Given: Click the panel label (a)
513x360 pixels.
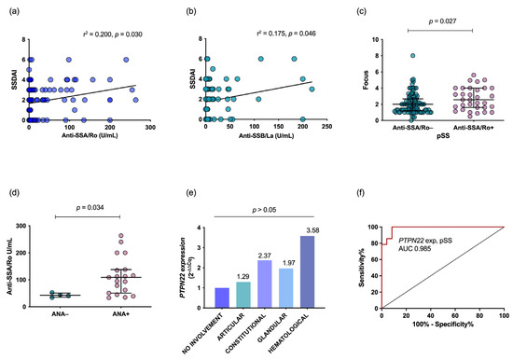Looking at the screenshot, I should pos(8,8).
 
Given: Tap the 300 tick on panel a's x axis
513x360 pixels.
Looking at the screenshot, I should pos(146,130).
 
